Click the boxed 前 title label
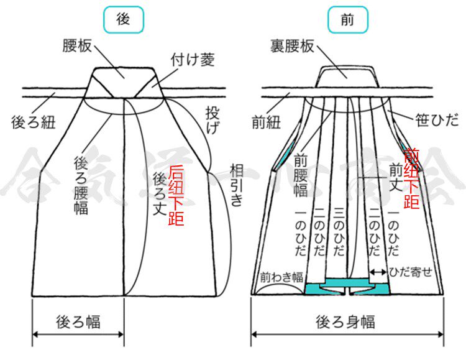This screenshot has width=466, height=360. point(347,20)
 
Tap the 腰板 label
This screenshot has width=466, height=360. point(78,46)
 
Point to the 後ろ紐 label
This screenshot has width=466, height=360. point(34,121)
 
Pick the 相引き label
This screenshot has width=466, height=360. point(237,185)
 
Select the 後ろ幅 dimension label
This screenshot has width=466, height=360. point(78,321)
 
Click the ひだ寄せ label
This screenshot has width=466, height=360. point(411,272)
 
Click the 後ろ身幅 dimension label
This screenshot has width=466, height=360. point(345,322)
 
